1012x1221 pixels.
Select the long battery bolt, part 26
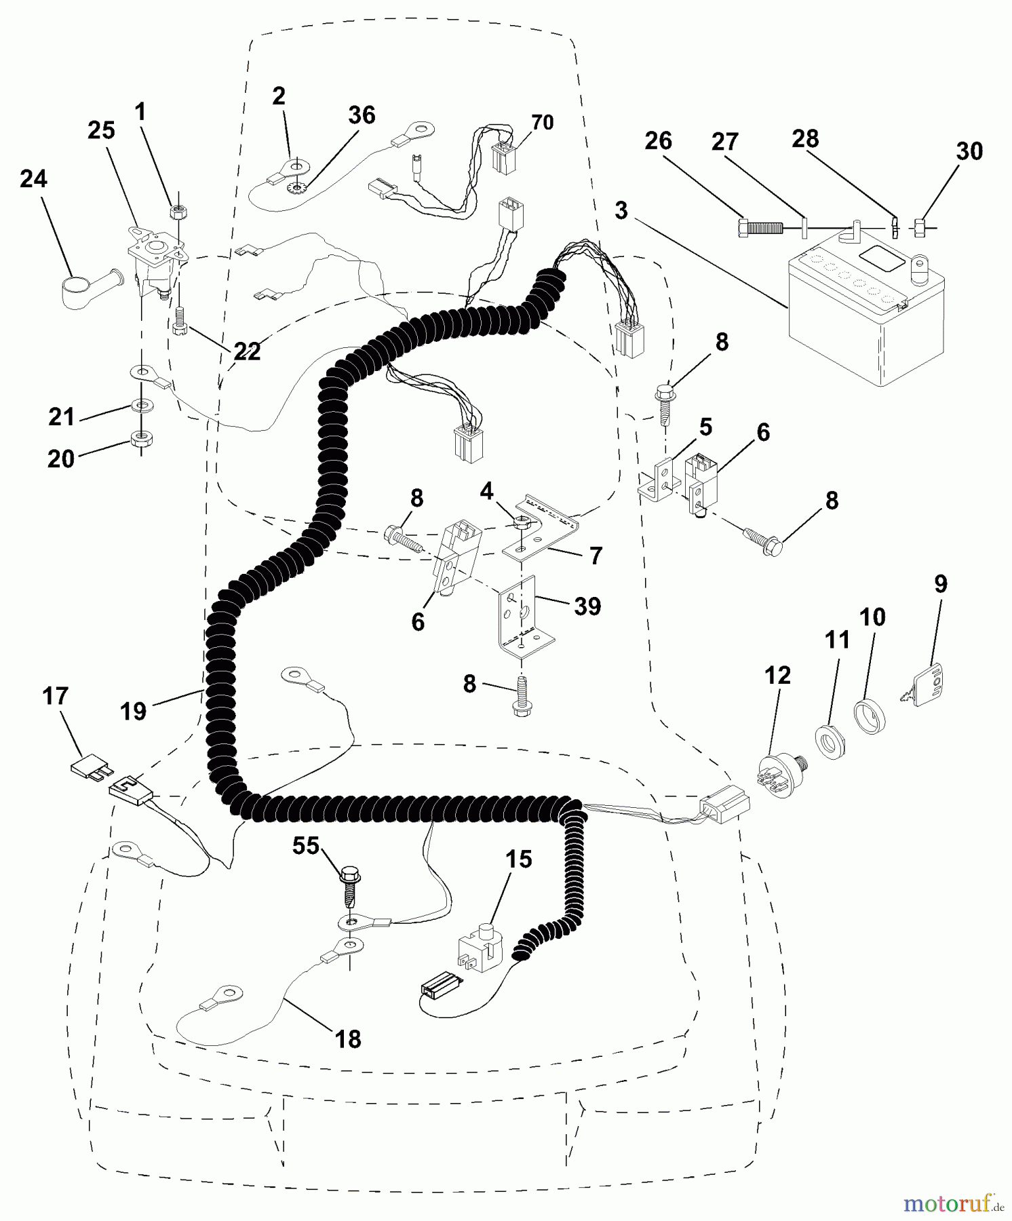pyautogui.click(x=760, y=227)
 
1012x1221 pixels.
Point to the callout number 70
pyautogui.click(x=542, y=123)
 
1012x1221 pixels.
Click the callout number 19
pyautogui.click(x=133, y=712)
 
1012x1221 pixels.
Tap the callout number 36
pyautogui.click(x=362, y=115)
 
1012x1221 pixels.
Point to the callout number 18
pyautogui.click(x=348, y=1039)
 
